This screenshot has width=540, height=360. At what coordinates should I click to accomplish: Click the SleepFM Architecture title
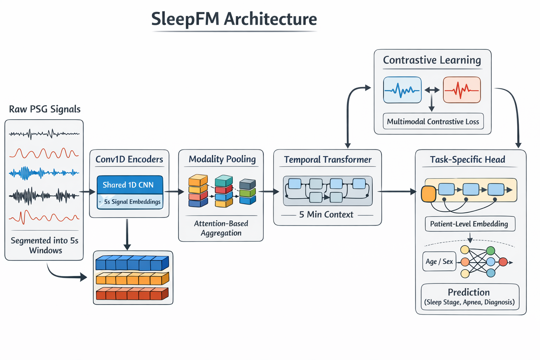[234, 19]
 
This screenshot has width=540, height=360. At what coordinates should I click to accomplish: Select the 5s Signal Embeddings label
[132, 202]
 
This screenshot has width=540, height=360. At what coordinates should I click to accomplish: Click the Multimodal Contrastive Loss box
[433, 122]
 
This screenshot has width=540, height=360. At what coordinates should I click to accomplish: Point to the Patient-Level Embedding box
[470, 224]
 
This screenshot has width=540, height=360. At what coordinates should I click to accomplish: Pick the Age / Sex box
[439, 262]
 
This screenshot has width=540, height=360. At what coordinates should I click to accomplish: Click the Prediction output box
[470, 297]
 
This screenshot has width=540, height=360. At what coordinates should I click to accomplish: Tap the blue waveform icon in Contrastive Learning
[402, 90]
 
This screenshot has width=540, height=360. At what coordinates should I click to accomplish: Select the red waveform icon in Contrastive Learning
[462, 90]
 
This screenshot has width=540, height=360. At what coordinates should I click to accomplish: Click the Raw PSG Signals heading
[45, 109]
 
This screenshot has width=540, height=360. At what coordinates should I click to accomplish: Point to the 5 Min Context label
[326, 214]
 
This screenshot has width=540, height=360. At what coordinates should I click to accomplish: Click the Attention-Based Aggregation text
[221, 228]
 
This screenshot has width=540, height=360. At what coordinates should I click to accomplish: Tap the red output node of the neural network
[503, 262]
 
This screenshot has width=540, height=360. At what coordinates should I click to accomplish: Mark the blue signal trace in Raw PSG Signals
[44, 173]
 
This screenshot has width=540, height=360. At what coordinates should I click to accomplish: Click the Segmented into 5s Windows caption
[45, 245]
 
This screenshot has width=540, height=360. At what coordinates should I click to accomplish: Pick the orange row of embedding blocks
[132, 278]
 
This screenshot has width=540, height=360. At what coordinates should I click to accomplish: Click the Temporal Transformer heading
[328, 160]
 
